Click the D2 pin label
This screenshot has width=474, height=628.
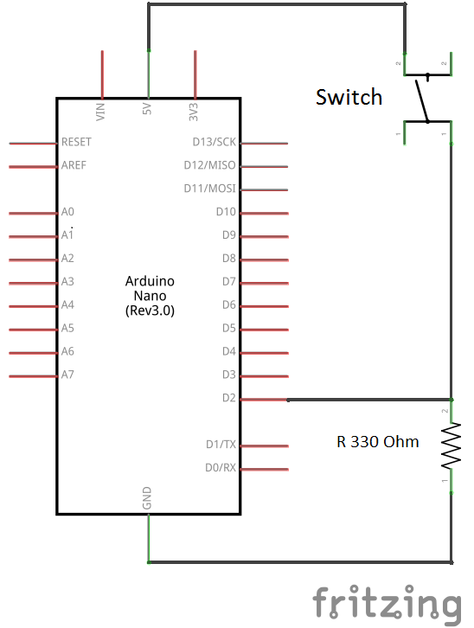229,398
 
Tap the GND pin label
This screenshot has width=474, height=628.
147,498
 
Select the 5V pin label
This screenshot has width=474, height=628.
147,108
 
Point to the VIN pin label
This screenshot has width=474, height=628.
100,112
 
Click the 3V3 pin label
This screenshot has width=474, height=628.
194,112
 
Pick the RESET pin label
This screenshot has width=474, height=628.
76,142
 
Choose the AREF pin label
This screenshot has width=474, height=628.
74,165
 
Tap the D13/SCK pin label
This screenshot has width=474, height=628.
215,142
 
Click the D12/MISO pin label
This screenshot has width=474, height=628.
210,165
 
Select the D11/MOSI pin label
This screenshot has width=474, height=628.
210,189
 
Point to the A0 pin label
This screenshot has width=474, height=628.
67,211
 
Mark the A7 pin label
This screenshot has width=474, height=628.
67,375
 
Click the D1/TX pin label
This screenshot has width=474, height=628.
221,444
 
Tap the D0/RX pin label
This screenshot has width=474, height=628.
221,467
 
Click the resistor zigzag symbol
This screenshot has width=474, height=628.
452,445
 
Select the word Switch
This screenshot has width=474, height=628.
349,97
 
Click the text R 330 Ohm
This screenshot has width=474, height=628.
377,441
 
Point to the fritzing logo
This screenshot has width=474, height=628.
387,604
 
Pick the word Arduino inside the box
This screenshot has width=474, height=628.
150,281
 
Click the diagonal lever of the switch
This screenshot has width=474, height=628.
421,101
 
